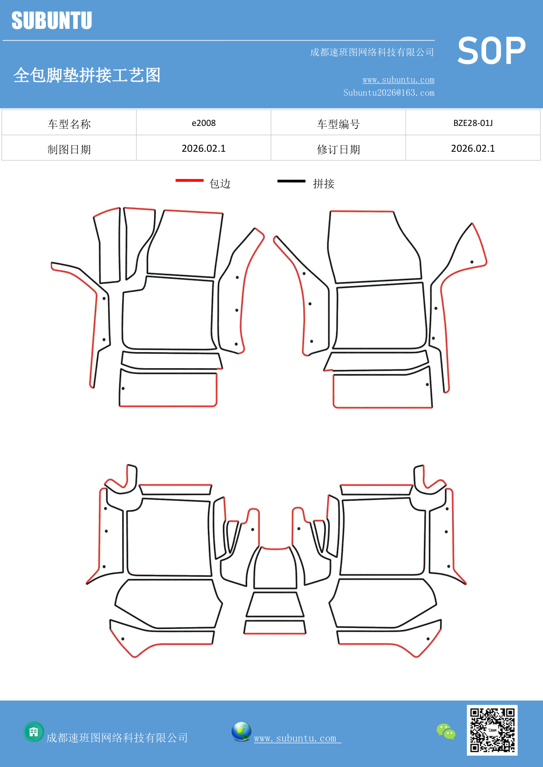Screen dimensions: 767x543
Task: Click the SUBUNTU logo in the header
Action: coord(52,21)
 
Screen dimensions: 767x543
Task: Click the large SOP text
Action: coord(491,51)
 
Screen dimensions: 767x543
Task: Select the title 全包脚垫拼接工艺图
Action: coord(87,75)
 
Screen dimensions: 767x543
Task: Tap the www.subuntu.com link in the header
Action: coord(398,80)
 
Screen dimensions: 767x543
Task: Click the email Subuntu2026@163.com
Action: coord(389,93)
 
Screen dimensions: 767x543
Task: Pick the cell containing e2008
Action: coord(203,123)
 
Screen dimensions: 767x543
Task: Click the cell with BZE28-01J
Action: coord(473,123)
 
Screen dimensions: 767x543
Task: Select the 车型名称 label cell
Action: coord(69,124)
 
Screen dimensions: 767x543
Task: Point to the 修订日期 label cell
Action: coord(338,150)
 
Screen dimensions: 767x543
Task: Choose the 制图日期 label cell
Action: coord(69,150)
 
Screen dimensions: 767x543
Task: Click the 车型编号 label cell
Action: coord(338,124)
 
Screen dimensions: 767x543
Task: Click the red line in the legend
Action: coord(189,180)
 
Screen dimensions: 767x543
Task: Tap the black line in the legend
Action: coord(291,181)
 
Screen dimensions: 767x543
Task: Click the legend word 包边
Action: coord(220,184)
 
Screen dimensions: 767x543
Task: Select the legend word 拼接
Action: coord(323,184)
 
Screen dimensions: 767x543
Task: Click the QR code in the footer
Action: coord(492,730)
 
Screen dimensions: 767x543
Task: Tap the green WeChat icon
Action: coord(446,731)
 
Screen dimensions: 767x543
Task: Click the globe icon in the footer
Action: coord(241,732)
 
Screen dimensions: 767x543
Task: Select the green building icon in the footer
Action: coord(34,732)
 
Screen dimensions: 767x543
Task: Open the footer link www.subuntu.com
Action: coord(297,739)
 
